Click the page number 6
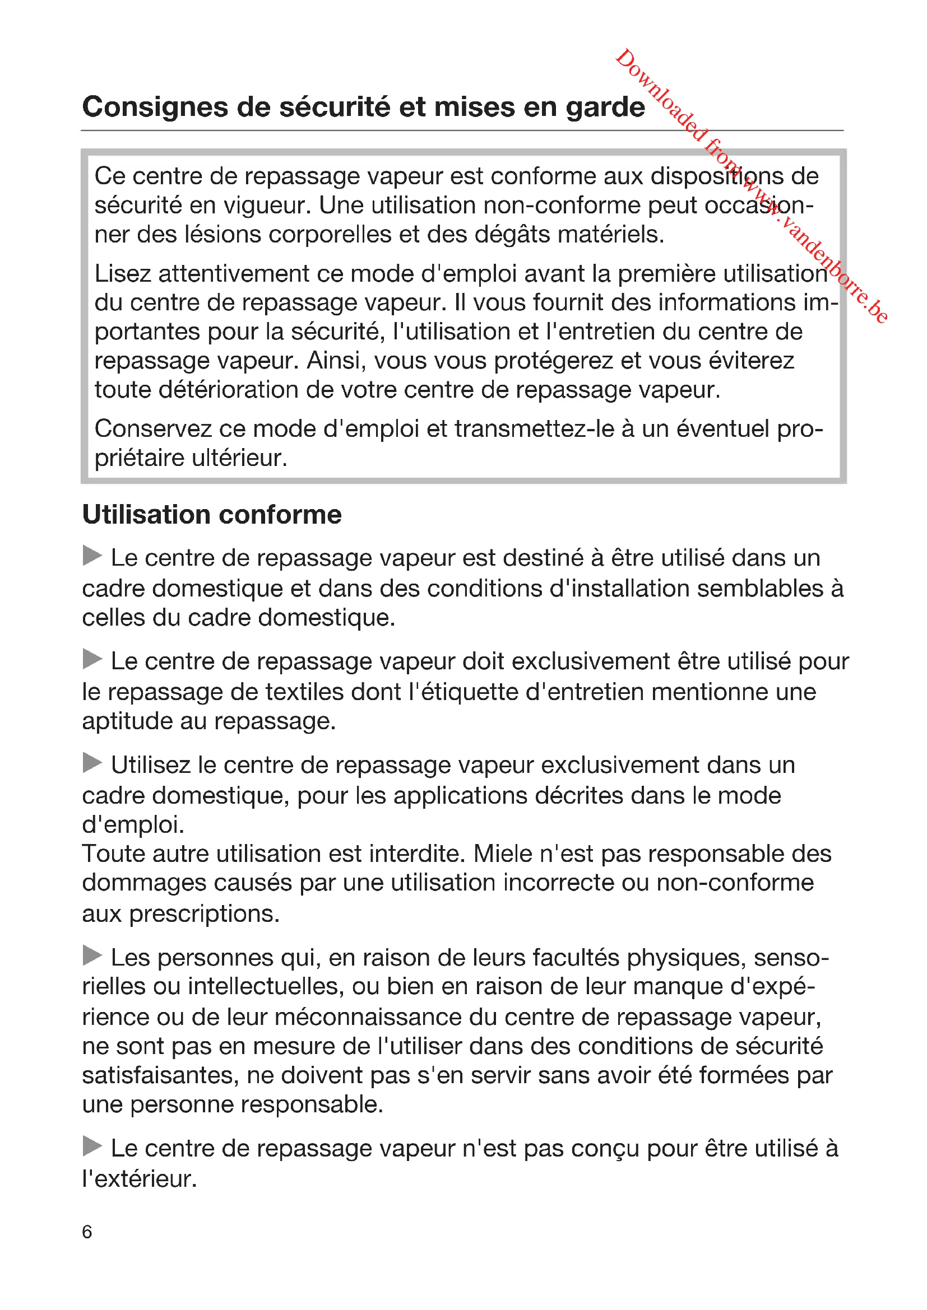pos(87,1231)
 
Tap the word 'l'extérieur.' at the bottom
pos(140,1178)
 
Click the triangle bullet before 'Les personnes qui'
pos(92,955)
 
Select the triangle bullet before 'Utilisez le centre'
pos(92,763)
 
